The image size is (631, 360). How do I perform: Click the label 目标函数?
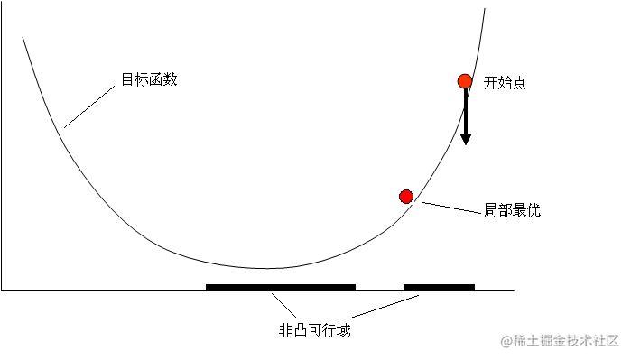click(x=150, y=79)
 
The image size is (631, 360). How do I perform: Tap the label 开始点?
click(x=505, y=83)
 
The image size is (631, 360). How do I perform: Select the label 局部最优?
click(x=512, y=210)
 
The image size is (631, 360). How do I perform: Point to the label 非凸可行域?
click(x=314, y=330)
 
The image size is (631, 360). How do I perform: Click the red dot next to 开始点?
click(x=465, y=81)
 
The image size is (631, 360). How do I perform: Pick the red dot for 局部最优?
click(x=406, y=197)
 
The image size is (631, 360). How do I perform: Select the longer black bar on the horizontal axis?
click(x=280, y=287)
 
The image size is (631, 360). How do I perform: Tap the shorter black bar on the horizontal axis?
click(x=439, y=287)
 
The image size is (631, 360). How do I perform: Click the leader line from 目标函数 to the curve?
click(x=91, y=106)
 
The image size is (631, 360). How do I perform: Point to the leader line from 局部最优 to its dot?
click(x=451, y=208)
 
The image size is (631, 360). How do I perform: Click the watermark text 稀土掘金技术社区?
click(x=566, y=340)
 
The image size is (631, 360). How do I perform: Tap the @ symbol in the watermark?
click(x=506, y=340)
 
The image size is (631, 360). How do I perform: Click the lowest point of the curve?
click(x=264, y=268)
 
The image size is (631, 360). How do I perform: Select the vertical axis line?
click(x=2, y=153)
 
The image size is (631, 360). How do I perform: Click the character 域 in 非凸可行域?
click(x=343, y=330)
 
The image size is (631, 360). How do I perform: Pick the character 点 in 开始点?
click(x=519, y=83)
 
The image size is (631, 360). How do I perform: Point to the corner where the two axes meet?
click(x=2, y=290)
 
